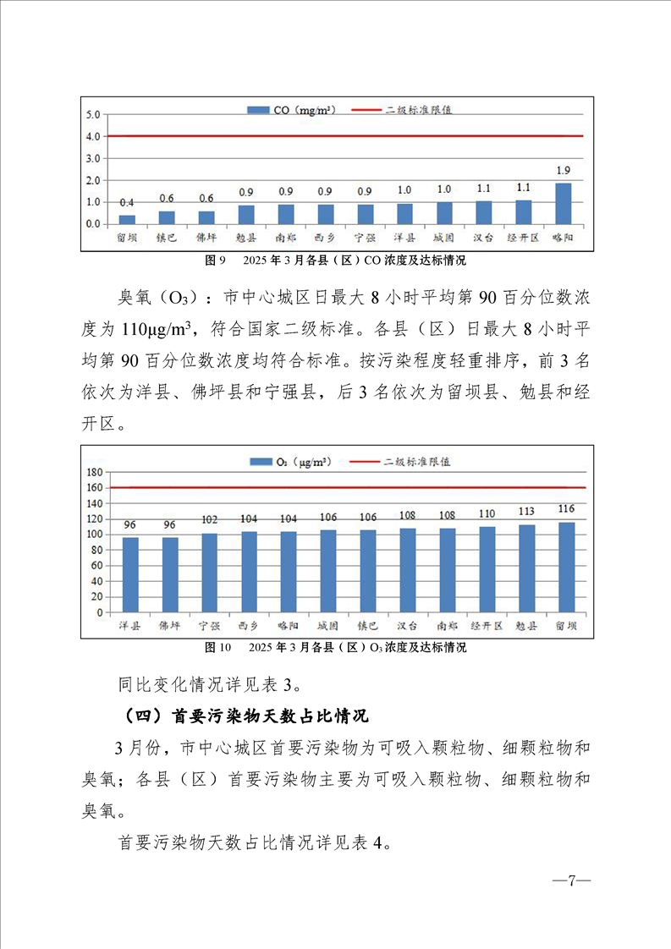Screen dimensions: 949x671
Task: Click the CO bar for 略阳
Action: (x=563, y=204)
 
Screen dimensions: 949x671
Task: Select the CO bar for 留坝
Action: (x=127, y=219)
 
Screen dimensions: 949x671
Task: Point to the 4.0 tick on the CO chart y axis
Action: (x=92, y=136)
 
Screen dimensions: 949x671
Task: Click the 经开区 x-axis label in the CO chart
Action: (x=523, y=239)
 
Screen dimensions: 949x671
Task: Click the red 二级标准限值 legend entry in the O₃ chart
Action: (x=406, y=462)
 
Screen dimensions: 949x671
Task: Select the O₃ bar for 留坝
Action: (x=566, y=567)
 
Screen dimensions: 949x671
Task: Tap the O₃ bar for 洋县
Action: (x=130, y=574)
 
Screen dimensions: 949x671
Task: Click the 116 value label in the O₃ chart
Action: (x=566, y=508)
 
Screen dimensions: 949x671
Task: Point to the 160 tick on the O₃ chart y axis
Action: (x=94, y=488)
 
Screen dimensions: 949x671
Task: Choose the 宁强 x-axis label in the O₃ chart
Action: (x=209, y=627)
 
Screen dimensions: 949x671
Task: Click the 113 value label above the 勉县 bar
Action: (x=526, y=511)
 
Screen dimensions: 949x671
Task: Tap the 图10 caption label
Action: (x=218, y=648)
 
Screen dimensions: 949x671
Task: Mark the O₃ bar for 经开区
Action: (x=487, y=569)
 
